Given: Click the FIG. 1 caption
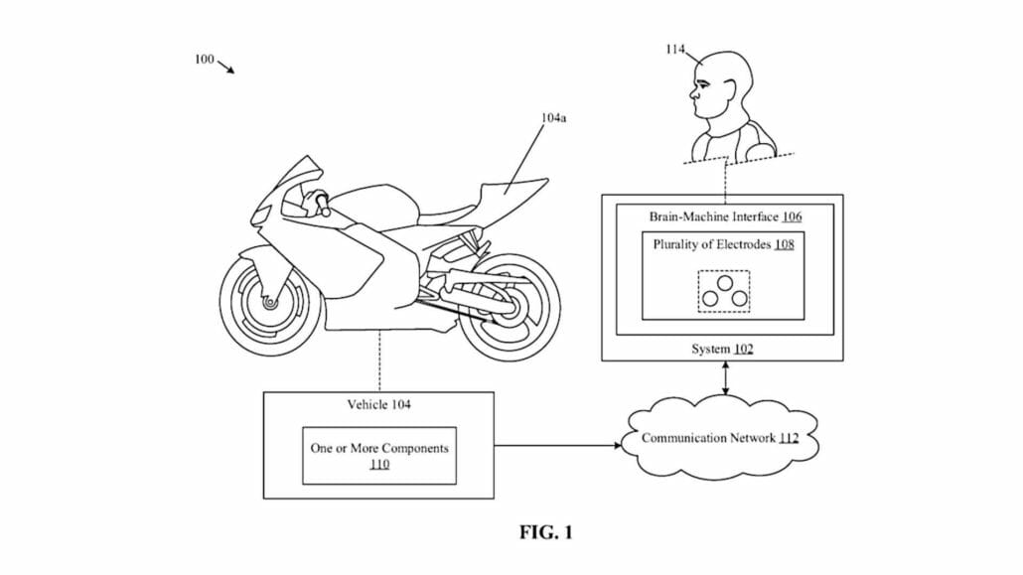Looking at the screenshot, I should click(546, 533).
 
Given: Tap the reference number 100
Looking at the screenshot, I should click(204, 60).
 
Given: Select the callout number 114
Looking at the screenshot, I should click(674, 50).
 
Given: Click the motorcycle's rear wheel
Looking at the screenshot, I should click(510, 309).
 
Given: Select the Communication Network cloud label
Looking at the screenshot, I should click(719, 438).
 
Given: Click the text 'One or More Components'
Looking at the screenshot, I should click(379, 448).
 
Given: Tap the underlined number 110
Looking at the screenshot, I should click(379, 464).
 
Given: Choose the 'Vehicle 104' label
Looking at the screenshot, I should click(378, 404).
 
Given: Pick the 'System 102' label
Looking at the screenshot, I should click(723, 349).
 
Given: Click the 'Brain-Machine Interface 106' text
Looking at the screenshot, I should click(725, 216).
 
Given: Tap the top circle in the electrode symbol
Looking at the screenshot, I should click(724, 282).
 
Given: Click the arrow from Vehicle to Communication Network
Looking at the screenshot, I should click(556, 445).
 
